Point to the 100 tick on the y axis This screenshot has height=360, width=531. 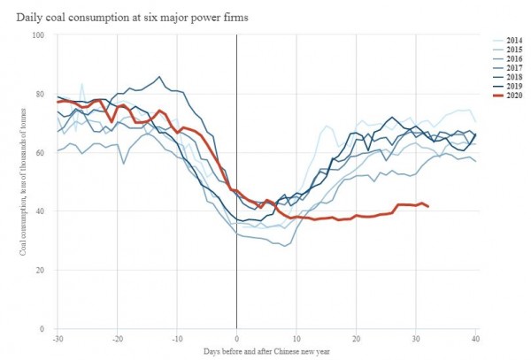38,35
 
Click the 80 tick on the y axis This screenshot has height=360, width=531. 41,94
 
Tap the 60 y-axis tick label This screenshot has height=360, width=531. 41,152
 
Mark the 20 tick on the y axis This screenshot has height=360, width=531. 41,270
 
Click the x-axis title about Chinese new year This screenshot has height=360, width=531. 266,352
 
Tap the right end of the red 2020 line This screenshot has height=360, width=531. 428,206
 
